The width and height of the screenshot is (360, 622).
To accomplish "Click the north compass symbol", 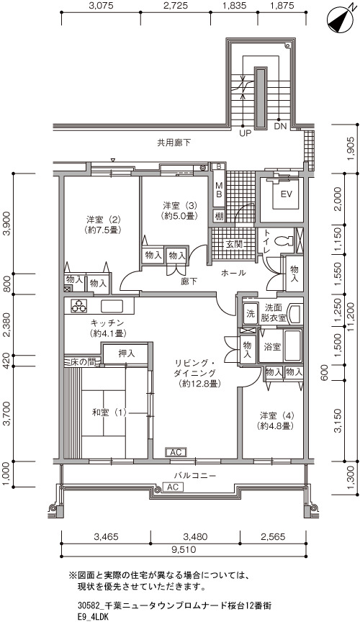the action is pyautogui.click(x=340, y=20).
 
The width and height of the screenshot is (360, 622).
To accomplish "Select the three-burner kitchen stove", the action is pyautogui.click(x=78, y=305).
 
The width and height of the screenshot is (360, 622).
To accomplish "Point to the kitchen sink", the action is pyautogui.click(x=112, y=306).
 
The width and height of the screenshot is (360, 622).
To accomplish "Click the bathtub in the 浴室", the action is pyautogui.click(x=292, y=345).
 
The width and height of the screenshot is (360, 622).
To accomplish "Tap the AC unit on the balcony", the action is pyautogui.click(x=173, y=487).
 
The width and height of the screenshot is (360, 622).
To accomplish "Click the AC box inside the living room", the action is pyautogui.click(x=176, y=452).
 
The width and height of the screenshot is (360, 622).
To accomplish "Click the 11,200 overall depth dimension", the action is pyautogui.click(x=349, y=317).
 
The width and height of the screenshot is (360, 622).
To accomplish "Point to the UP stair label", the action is pyautogui.click(x=246, y=134).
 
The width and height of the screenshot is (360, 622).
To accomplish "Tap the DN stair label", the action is pyautogui.click(x=280, y=127).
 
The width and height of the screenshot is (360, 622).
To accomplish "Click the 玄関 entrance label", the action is pyautogui.click(x=234, y=245).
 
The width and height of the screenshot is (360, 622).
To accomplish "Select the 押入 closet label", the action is pyautogui.click(x=127, y=353).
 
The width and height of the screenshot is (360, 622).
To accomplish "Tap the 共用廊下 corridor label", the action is pyautogui.click(x=174, y=143).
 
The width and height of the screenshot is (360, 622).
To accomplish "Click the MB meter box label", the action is pyautogui.click(x=218, y=189).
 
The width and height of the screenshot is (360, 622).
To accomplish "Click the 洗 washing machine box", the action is pyautogui.click(x=250, y=314).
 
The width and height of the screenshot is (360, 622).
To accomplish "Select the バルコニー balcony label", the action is pyautogui.click(x=195, y=475).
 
